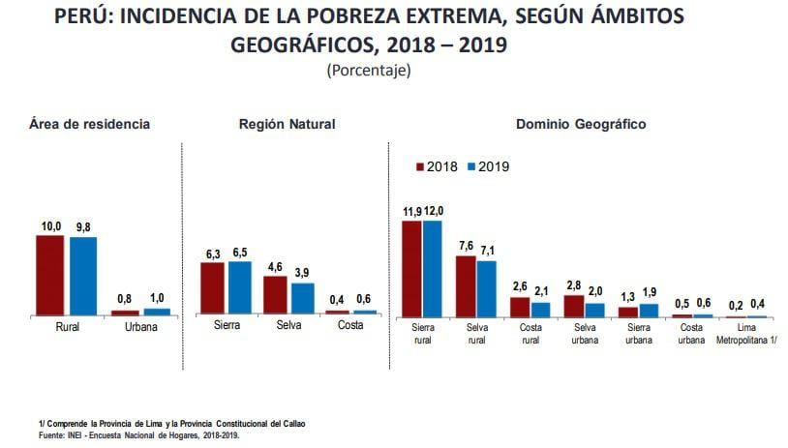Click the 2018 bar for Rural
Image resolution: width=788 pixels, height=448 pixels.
point(50,275)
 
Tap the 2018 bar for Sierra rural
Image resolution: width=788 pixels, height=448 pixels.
point(411,268)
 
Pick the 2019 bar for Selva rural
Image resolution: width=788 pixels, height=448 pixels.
point(486,288)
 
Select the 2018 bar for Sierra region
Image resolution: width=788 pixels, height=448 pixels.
point(213,288)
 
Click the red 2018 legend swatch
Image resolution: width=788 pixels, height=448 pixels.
point(420,166)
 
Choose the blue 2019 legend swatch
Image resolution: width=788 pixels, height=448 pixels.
point(471,166)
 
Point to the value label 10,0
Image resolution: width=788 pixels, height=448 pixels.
point(50,226)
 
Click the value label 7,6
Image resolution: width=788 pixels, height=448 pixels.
point(466,247)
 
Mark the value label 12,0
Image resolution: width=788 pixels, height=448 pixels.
point(433,212)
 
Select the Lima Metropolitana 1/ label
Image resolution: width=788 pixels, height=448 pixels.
point(746,334)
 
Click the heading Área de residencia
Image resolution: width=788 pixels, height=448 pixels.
point(90,124)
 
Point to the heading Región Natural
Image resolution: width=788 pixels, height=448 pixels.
point(287,124)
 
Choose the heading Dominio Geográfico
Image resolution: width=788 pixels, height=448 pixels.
point(581,124)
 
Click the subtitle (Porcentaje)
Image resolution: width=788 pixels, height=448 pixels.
point(369,70)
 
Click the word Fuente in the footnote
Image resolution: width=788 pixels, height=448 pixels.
point(52,434)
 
